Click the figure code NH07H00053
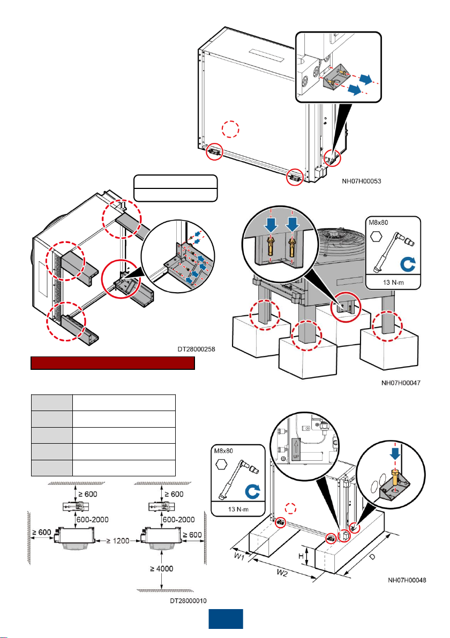(361, 181)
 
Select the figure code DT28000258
(196, 349)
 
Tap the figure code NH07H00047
(401, 383)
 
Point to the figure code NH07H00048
(407, 580)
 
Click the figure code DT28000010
(188, 601)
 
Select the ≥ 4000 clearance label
(162, 568)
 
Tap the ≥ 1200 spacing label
(118, 541)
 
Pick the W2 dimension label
(282, 573)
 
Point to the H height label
(301, 556)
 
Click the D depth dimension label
(372, 557)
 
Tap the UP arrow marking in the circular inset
(296, 450)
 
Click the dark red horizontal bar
(113, 363)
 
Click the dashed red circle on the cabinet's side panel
(230, 129)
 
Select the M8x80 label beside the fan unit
(378, 223)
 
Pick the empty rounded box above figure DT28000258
(176, 188)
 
